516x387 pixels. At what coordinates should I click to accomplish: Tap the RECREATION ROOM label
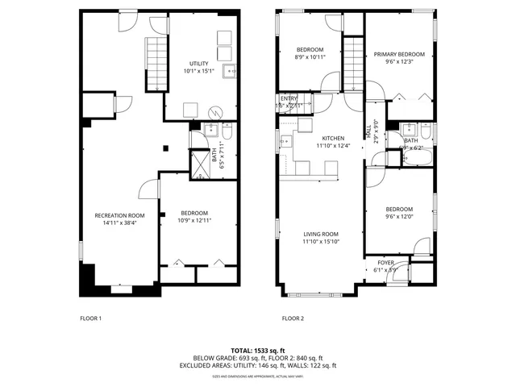coord(119,214)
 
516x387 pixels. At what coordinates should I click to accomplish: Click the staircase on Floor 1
coord(156,65)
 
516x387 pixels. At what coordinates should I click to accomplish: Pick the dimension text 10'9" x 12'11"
coord(193,220)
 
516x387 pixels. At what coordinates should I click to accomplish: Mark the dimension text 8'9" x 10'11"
coord(310,57)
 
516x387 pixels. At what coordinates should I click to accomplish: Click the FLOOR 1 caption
coord(90,318)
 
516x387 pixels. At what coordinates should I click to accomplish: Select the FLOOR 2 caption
coord(293,318)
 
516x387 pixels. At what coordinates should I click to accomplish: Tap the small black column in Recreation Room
coord(165,148)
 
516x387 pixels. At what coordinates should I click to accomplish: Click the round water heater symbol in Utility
coord(213,112)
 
